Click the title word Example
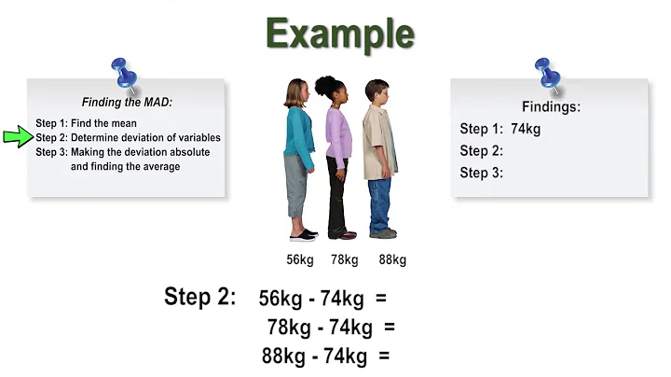[x=340, y=34]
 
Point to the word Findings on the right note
[x=551, y=107]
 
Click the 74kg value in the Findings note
[x=526, y=130]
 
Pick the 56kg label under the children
[x=300, y=259]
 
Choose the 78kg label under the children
[x=344, y=259]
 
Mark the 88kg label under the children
[x=391, y=259]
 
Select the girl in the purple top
[x=336, y=154]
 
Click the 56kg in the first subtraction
[x=281, y=299]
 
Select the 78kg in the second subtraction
[x=289, y=327]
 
